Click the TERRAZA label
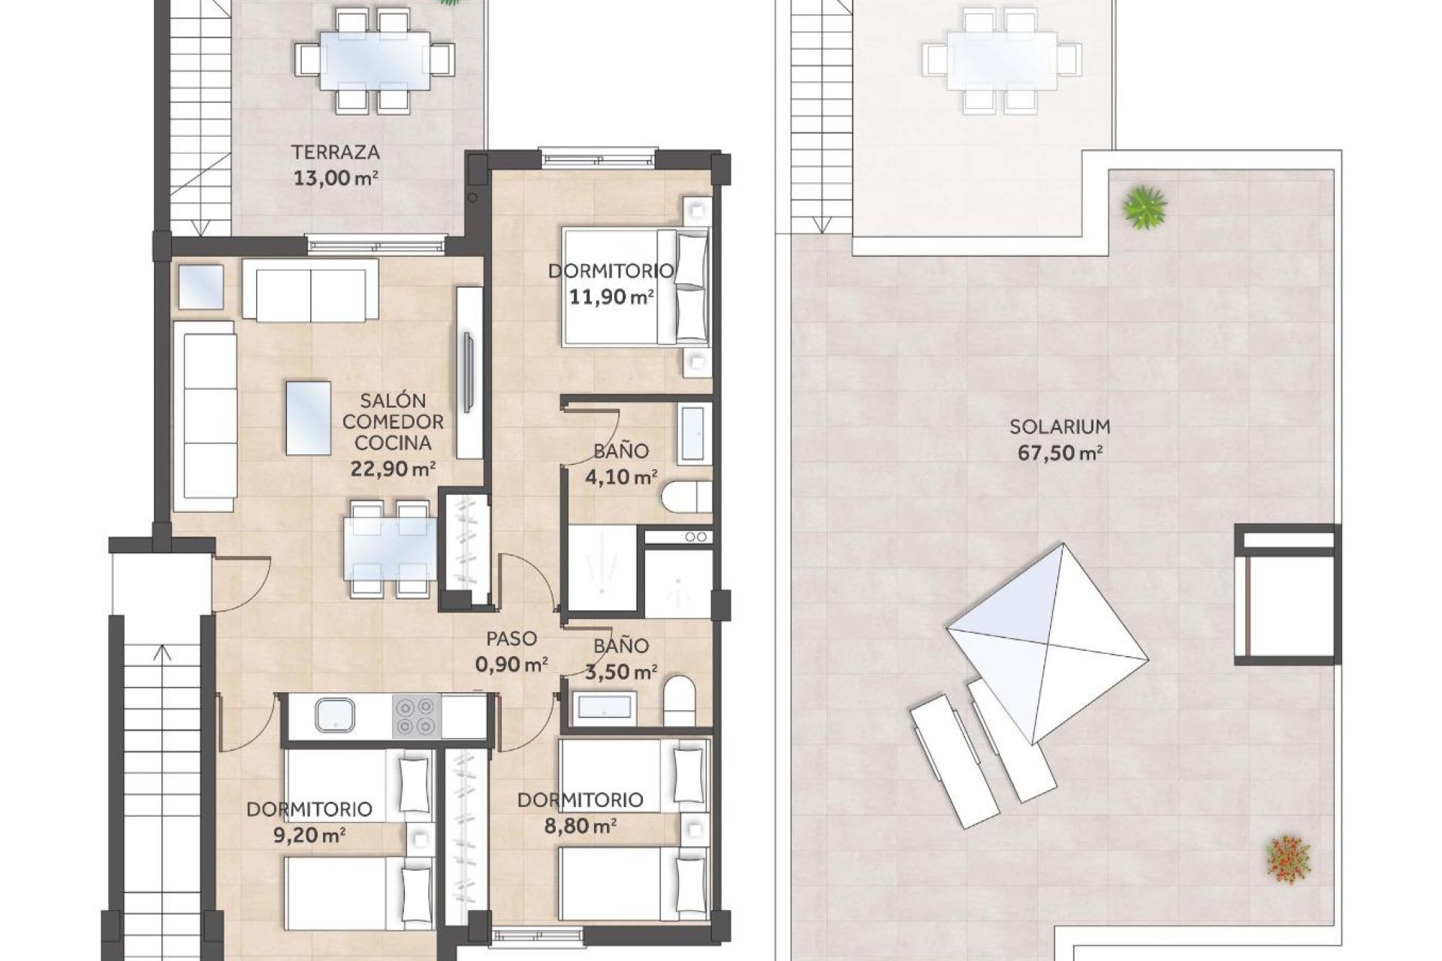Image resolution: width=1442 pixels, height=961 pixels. pos(336,152)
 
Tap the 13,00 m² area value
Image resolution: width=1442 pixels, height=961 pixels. pos(335,179)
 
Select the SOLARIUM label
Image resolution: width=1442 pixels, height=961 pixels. pos(1059,427)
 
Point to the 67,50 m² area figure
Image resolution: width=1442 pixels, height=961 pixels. pos(1059,453)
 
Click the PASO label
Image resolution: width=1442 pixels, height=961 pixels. pos(511,639)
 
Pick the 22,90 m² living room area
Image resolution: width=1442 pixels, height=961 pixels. pos(393,469)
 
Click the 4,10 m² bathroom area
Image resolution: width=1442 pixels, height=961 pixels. pos(620,477)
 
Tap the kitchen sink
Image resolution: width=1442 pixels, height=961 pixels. pos(335,715)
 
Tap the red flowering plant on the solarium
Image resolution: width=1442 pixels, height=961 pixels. pos(1288,857)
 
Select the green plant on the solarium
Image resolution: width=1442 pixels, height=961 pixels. pos(1145,206)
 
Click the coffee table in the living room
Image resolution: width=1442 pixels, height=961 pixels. pos(309,417)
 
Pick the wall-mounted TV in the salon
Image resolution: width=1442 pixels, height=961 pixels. pos(469,372)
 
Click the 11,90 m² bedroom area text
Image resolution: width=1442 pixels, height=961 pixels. pos(610,297)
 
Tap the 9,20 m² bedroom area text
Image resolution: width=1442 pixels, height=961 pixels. pos(309,835)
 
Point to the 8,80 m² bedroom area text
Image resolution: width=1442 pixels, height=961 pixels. pos(580,827)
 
